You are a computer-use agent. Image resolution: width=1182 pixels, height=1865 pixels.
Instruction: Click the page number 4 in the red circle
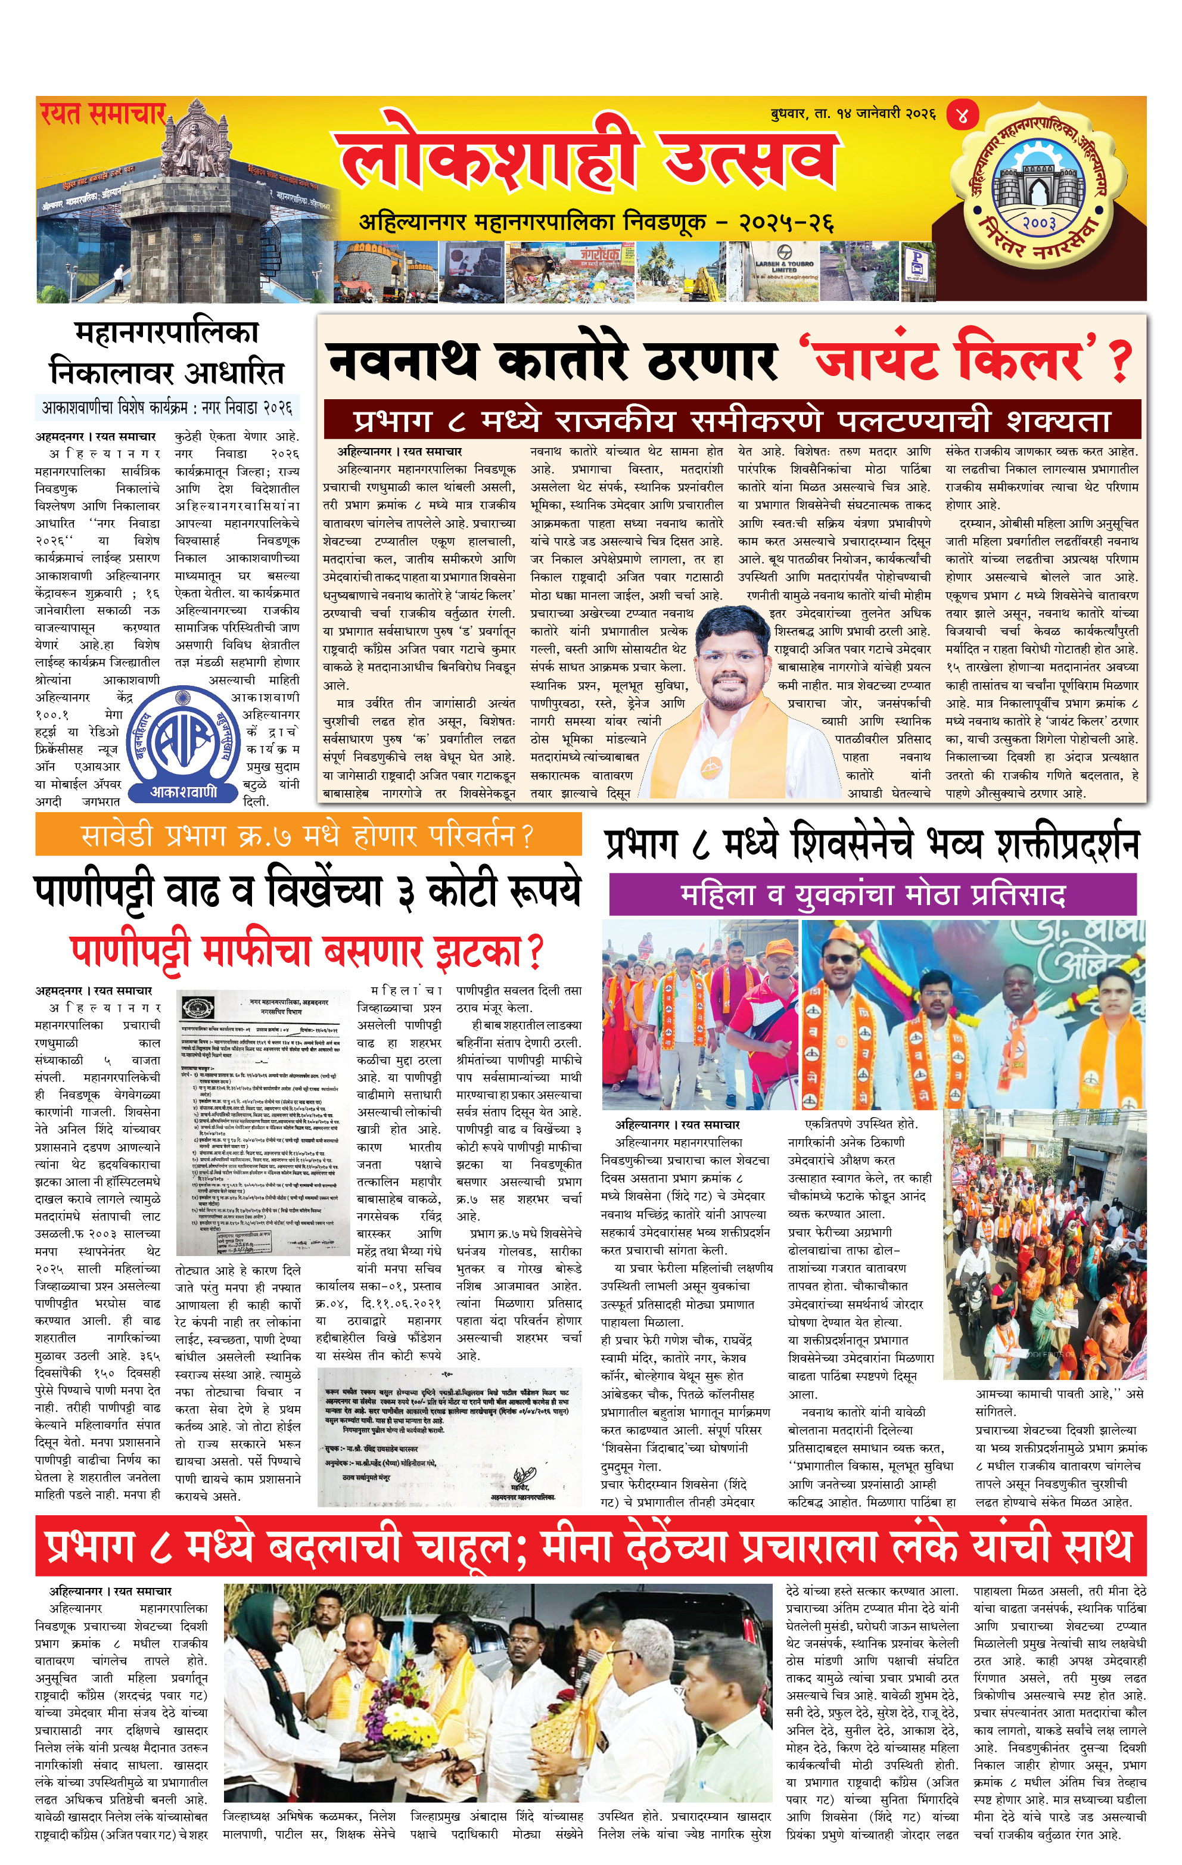(962, 116)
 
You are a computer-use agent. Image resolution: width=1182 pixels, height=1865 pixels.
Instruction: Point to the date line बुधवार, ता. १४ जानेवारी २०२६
(853, 114)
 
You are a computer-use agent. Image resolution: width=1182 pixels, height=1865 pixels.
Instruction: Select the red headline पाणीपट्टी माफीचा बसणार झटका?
(307, 952)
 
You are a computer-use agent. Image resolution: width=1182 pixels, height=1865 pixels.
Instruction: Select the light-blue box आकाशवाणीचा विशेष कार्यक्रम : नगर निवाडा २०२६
(167, 406)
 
